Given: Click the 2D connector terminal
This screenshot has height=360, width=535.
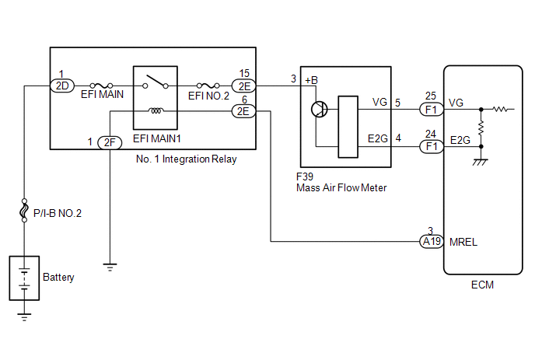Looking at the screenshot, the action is click(x=62, y=86).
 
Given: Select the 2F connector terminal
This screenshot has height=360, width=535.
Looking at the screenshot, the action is click(x=110, y=142).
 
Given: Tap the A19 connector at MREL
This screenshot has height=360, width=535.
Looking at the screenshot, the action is click(x=432, y=242).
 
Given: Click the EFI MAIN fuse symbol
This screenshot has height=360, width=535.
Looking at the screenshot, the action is click(x=101, y=86).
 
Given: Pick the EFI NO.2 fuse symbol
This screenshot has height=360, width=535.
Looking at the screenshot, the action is click(x=208, y=86).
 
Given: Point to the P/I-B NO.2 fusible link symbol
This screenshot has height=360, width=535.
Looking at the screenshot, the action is click(x=24, y=210).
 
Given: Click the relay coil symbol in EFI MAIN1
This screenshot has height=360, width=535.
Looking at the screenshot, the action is click(x=156, y=110).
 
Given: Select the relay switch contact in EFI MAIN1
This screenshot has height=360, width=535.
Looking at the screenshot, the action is click(x=156, y=82).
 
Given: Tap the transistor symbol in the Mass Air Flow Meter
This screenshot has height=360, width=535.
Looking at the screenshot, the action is click(x=320, y=110).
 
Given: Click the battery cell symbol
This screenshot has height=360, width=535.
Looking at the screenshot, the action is click(x=24, y=278).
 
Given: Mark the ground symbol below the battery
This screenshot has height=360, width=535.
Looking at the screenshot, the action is click(x=24, y=317).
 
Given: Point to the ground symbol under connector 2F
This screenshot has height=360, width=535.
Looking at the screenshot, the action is click(x=110, y=267).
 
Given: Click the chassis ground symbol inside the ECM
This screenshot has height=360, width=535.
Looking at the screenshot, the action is click(x=481, y=162).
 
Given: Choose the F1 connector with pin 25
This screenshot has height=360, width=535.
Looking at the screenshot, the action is click(x=432, y=110).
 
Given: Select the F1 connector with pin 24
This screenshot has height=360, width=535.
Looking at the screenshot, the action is click(x=432, y=147).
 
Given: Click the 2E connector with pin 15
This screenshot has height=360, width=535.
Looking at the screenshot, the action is click(x=243, y=86).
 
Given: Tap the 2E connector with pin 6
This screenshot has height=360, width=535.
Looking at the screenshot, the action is click(x=243, y=111).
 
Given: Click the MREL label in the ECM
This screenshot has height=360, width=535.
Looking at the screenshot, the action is click(x=463, y=242).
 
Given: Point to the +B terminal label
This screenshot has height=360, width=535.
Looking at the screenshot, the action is click(x=311, y=80).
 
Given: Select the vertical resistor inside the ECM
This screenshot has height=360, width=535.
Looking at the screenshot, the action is click(x=481, y=128).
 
